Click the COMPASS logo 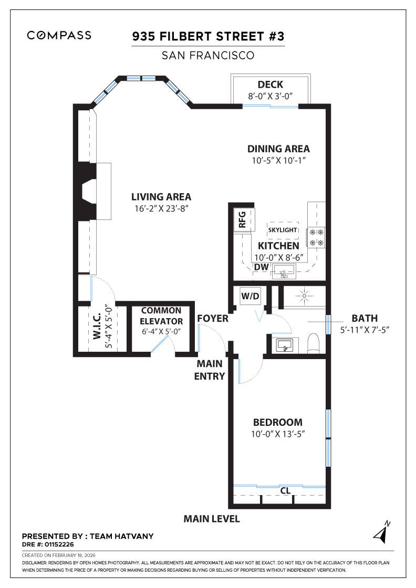(x=59, y=35)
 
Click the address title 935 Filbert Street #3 (x=207, y=37)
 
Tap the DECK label (x=271, y=85)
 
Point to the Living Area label (x=161, y=197)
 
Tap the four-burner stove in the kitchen (x=317, y=237)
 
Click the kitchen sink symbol (x=283, y=272)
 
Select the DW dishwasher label (x=261, y=267)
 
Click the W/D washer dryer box (x=250, y=296)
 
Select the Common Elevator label (x=161, y=316)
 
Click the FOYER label (x=213, y=319)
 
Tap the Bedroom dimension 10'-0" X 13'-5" (x=278, y=434)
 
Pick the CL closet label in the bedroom (x=285, y=491)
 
